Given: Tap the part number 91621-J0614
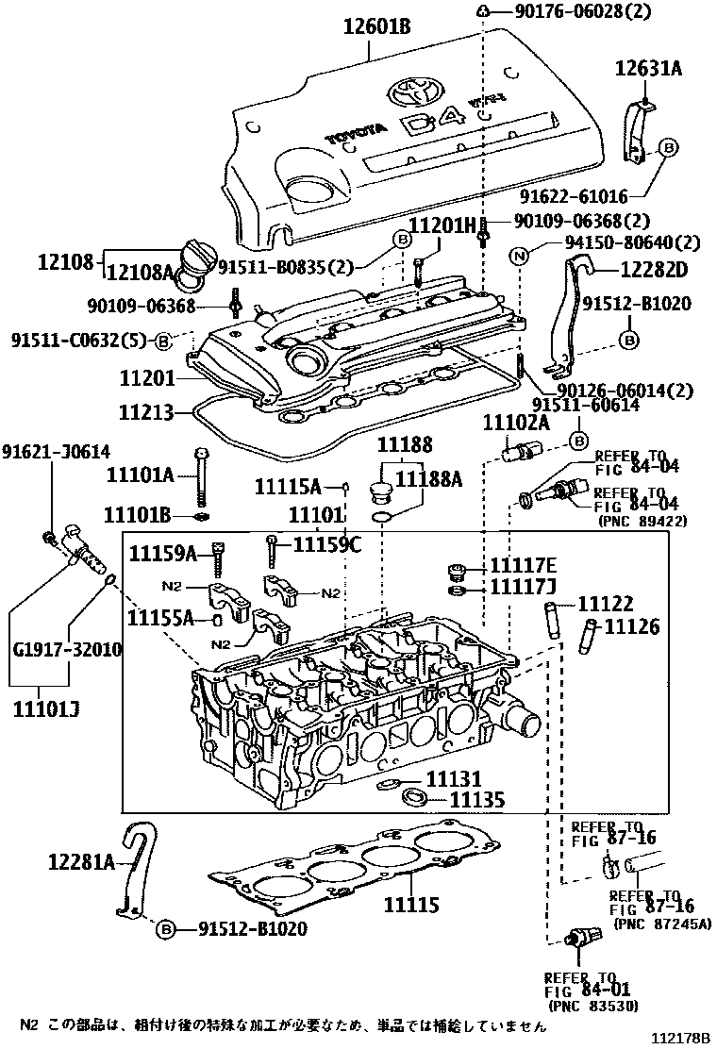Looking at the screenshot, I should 55,451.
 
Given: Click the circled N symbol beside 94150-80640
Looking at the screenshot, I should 518,254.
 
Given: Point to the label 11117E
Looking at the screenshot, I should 523,566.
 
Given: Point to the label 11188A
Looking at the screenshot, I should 428,480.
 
